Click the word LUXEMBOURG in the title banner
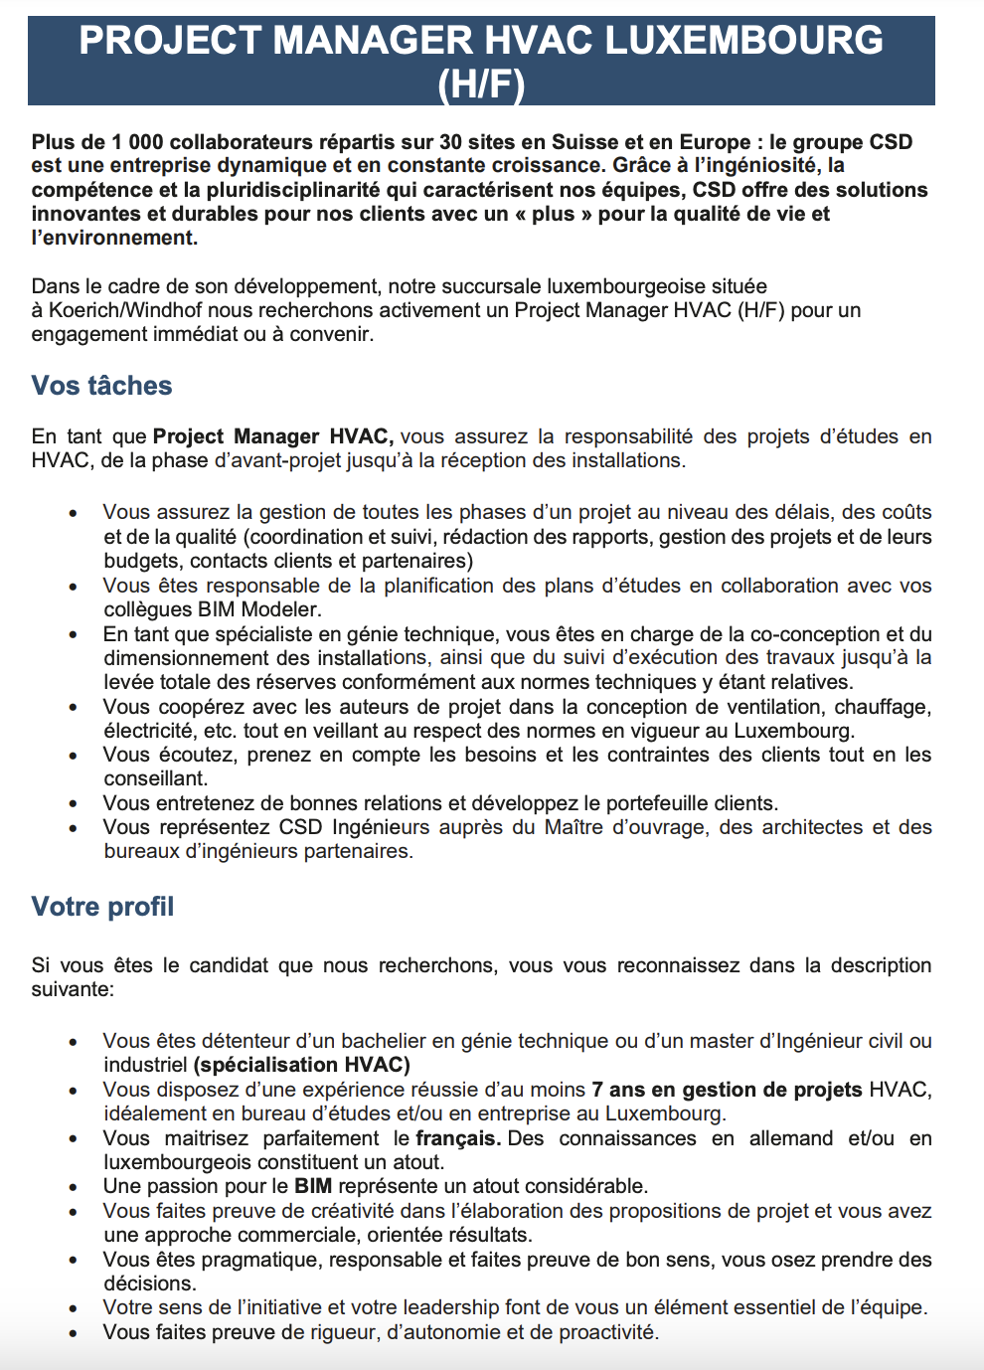tap(743, 41)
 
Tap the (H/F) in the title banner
tap(481, 85)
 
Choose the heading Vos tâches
tap(101, 386)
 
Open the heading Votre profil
tap(102, 907)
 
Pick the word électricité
tap(149, 731)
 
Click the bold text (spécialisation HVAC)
tap(302, 1065)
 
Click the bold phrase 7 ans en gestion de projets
tap(727, 1090)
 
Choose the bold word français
tap(458, 1138)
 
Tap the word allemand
tap(791, 1138)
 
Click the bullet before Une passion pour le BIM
tap(74, 1187)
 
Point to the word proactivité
tap(608, 1332)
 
